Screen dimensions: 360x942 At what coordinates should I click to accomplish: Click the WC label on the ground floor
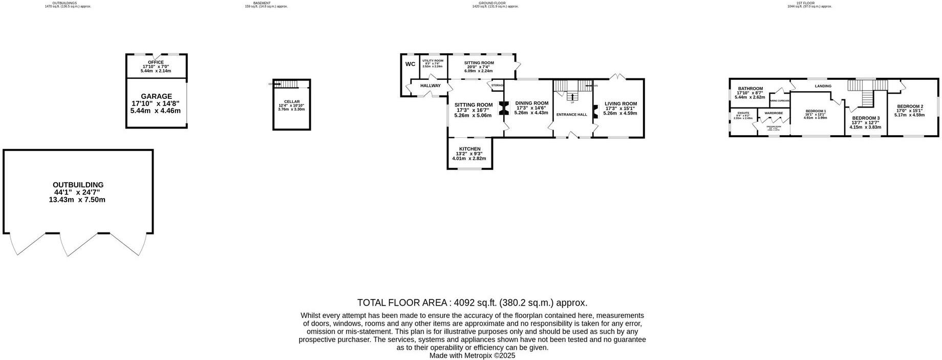point(410,64)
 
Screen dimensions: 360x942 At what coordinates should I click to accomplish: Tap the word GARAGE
point(156,96)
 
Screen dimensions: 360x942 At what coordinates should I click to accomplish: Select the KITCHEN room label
point(469,149)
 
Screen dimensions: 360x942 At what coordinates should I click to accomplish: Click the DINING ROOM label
point(531,103)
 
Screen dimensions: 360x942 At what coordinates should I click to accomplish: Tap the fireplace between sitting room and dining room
point(503,108)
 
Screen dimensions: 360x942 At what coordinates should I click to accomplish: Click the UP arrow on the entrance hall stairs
point(572,97)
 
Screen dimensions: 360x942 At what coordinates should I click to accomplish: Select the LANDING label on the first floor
point(823,86)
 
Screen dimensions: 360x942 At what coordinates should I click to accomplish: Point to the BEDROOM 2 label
point(910,107)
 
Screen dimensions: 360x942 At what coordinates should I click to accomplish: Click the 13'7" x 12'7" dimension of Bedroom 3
point(865,122)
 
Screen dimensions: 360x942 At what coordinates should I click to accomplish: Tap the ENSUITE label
point(743,113)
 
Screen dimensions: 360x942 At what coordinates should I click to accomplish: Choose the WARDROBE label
point(774,113)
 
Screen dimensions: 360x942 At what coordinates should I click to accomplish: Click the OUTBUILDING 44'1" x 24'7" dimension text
point(78,192)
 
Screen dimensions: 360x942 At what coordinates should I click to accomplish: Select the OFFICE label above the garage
point(156,62)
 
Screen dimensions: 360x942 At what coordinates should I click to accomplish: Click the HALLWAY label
point(430,86)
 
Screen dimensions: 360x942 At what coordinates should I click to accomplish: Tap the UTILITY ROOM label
point(433,60)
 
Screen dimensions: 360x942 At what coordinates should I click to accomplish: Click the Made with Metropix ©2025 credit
point(472,355)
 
